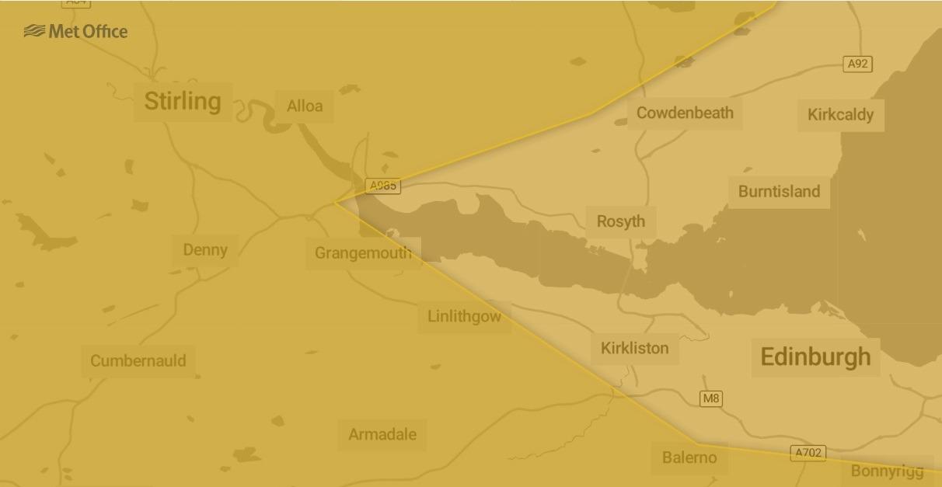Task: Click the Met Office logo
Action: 75,31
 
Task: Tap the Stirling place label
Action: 183,101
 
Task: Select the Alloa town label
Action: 305,106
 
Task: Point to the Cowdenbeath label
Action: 685,113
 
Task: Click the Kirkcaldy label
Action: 840,115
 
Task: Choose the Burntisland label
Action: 779,192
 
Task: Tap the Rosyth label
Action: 620,221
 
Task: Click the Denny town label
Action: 205,250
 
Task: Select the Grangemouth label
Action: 363,253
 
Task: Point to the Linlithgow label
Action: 464,317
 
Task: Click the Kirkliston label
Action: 634,348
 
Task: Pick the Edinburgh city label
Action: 815,357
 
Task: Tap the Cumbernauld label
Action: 138,361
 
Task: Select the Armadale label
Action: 382,435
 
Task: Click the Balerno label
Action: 689,457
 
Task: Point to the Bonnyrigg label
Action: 887,471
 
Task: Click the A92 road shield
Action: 857,64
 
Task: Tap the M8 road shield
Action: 711,398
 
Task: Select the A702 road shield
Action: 808,453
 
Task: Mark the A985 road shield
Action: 383,186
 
